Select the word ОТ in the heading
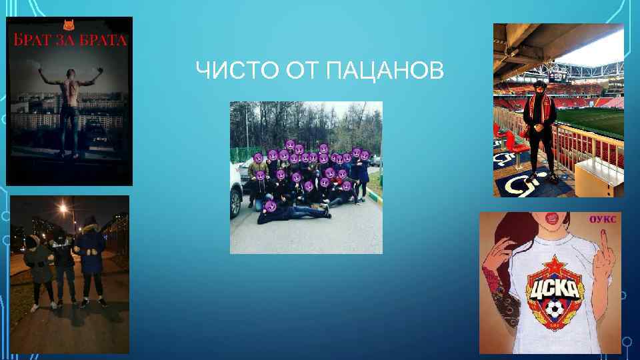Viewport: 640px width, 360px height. (x=304, y=70)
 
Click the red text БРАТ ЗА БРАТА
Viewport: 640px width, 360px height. (x=69, y=40)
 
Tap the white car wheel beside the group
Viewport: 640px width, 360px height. (x=235, y=203)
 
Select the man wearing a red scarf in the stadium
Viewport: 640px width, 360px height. (x=541, y=127)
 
